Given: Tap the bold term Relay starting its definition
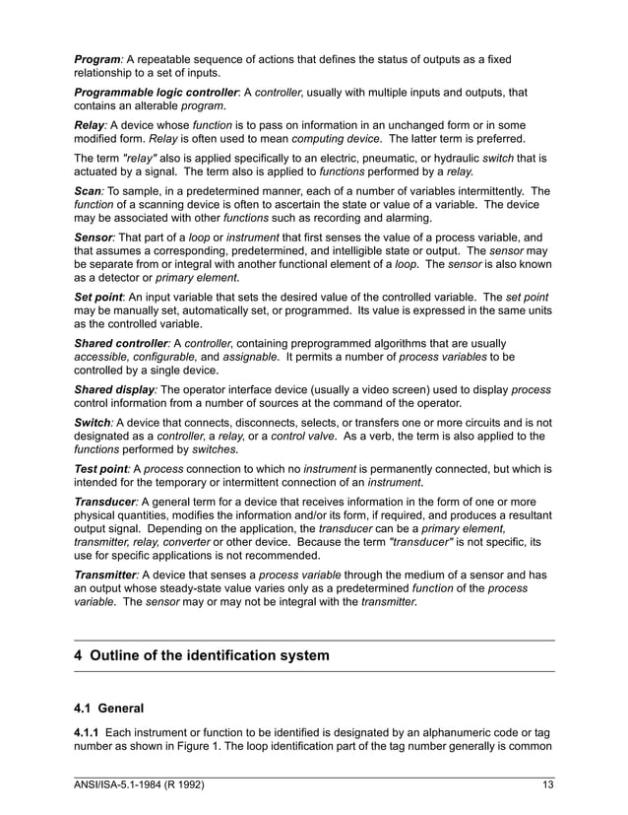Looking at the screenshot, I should [91, 126].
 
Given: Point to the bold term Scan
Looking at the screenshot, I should [90, 191].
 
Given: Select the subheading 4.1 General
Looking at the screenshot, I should [109, 709].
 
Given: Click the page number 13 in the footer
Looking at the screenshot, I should [548, 785].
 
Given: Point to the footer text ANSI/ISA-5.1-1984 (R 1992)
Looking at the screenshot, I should [140, 785].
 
